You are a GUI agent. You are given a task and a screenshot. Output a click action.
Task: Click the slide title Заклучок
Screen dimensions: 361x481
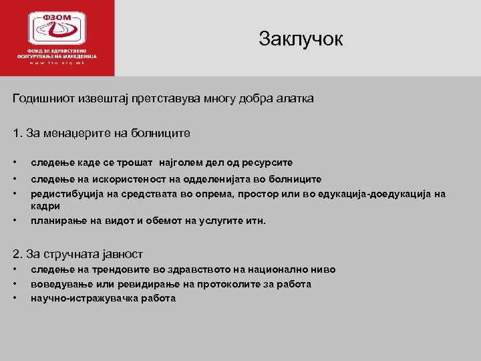pyautogui.click(x=301, y=39)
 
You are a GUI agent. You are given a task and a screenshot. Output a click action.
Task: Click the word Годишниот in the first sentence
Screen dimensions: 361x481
pyautogui.click(x=42, y=98)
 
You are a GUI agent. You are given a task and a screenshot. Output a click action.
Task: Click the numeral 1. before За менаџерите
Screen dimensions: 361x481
pyautogui.click(x=17, y=133)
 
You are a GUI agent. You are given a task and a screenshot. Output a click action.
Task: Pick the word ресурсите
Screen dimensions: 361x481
pyautogui.click(x=268, y=162)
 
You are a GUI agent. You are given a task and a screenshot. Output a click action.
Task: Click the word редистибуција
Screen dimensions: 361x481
pyautogui.click(x=64, y=194)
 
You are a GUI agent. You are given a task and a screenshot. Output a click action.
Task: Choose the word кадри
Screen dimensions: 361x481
pyautogui.click(x=45, y=207)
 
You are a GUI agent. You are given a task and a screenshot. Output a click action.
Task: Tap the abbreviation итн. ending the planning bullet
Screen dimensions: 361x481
pyautogui.click(x=255, y=220)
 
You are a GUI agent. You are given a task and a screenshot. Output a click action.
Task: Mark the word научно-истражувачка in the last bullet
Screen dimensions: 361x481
pyautogui.click(x=84, y=298)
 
